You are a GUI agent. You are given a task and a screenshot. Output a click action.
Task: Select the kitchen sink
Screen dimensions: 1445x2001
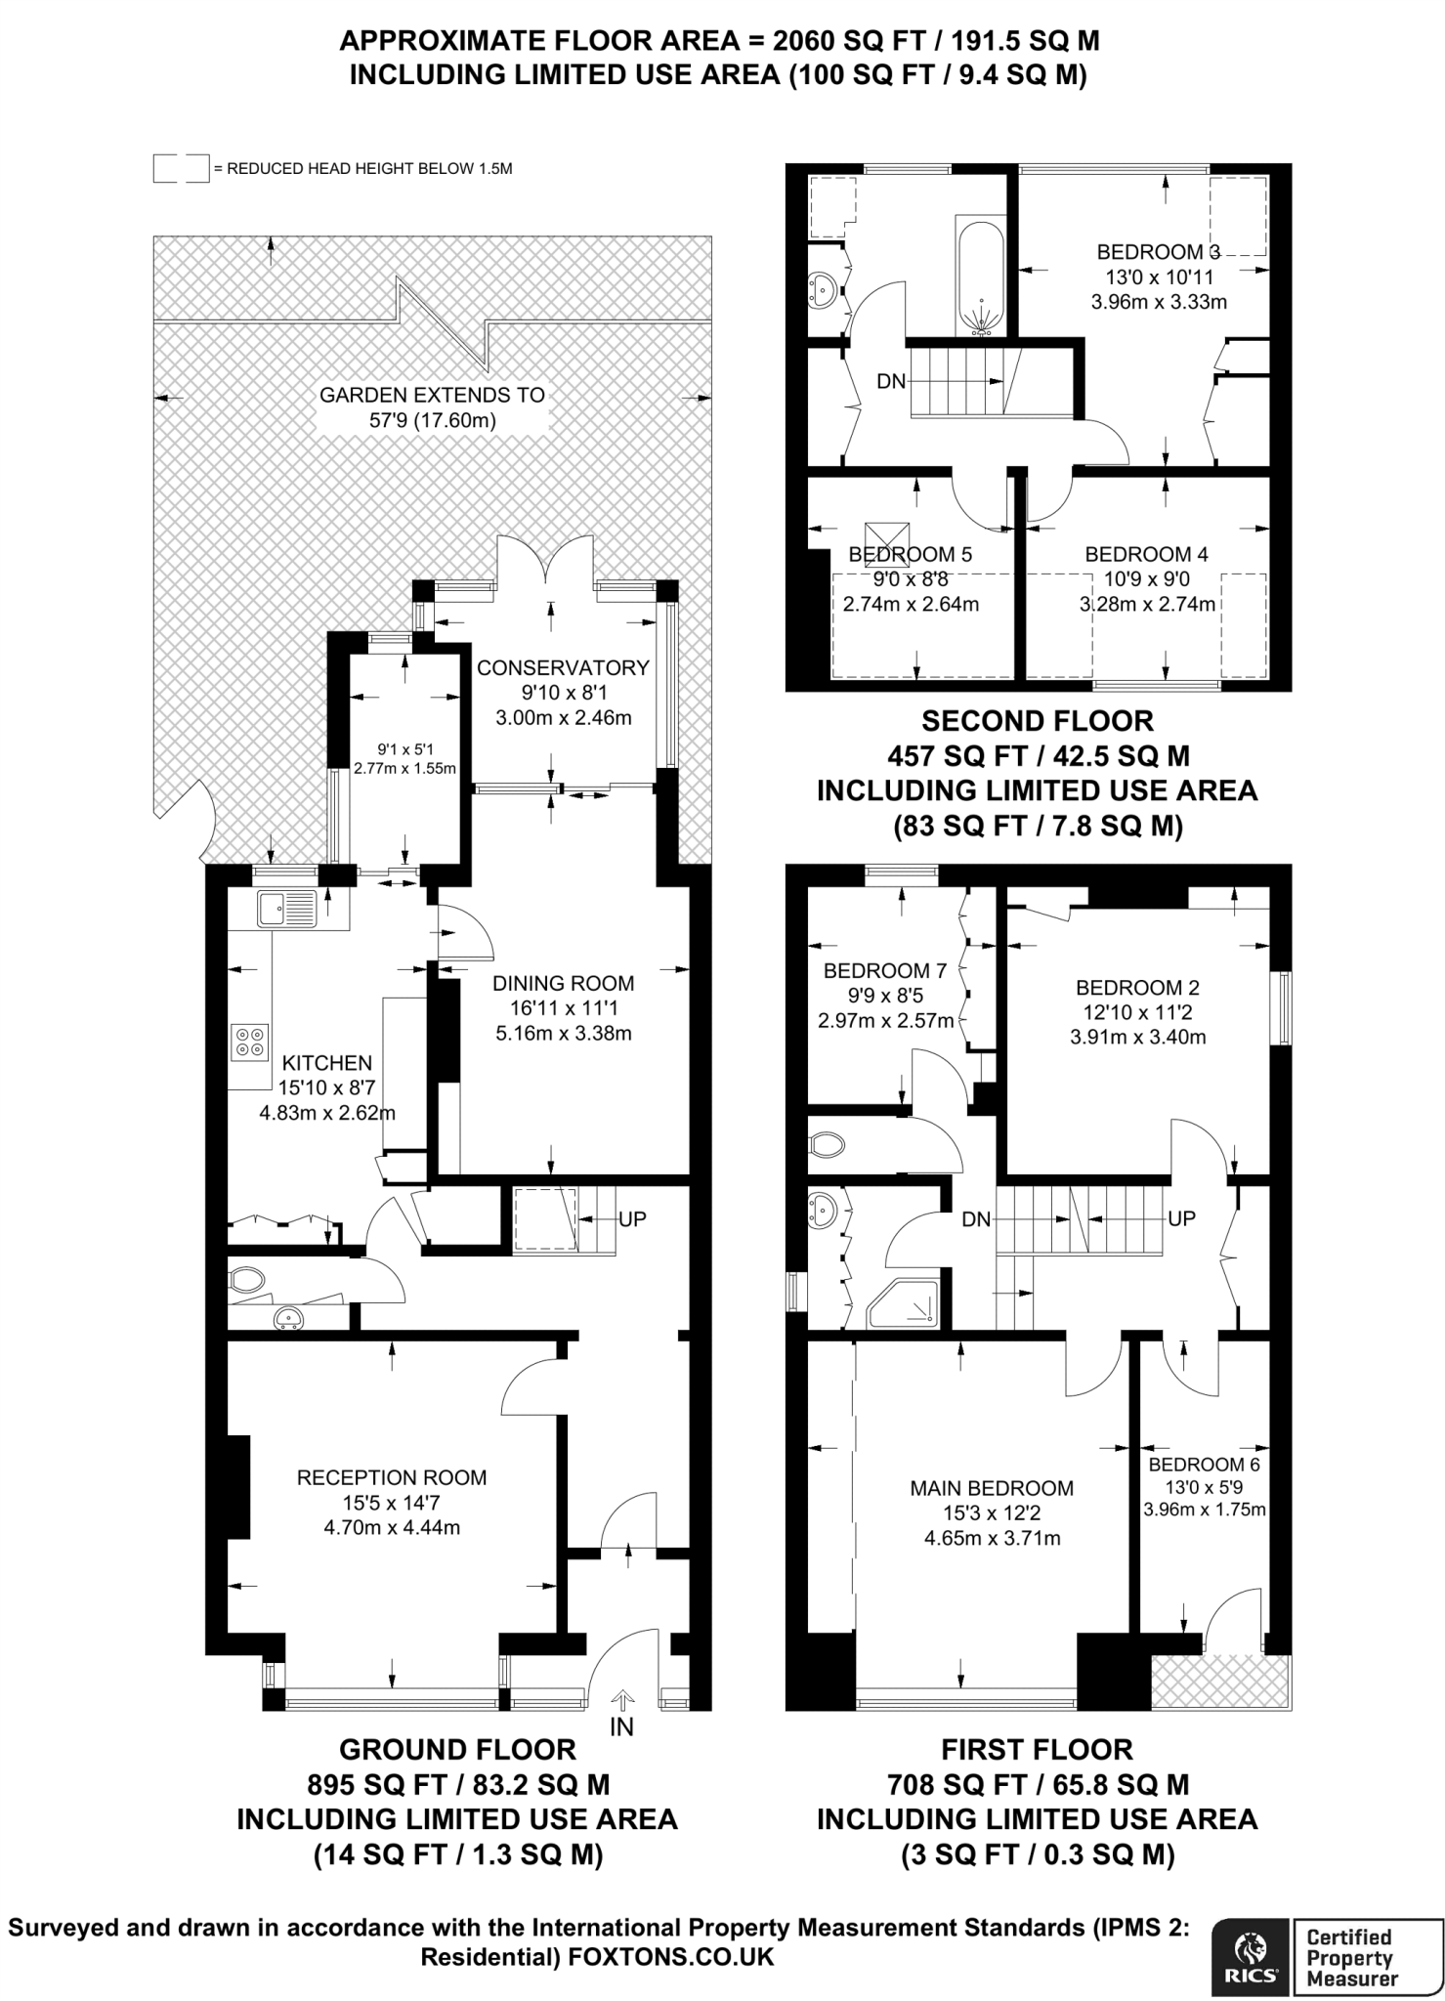click(x=286, y=909)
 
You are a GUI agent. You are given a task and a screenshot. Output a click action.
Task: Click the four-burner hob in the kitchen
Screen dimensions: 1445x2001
click(x=249, y=1042)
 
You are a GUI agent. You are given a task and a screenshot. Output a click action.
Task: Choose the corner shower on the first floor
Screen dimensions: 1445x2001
click(x=904, y=1303)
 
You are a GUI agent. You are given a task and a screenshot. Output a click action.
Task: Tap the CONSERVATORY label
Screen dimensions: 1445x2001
click(x=563, y=667)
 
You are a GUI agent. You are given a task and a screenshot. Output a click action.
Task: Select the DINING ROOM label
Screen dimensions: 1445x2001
click(x=563, y=983)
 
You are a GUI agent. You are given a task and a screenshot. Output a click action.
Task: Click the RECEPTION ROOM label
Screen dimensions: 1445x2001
click(x=392, y=1477)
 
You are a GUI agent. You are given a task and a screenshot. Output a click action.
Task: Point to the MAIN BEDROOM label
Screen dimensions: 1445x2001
click(x=992, y=1488)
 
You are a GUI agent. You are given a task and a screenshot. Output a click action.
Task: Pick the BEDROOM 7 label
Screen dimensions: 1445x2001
click(x=885, y=970)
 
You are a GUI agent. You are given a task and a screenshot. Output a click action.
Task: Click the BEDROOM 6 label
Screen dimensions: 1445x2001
click(x=1204, y=1464)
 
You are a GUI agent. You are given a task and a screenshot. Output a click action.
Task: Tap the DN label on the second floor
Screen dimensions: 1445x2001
click(x=891, y=381)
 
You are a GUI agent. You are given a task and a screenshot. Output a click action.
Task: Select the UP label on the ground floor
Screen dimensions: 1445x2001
click(x=632, y=1218)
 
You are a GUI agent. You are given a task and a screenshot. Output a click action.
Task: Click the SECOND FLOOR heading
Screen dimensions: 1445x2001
click(x=1038, y=721)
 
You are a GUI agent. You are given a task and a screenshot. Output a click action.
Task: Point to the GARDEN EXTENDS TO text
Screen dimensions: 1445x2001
click(x=432, y=395)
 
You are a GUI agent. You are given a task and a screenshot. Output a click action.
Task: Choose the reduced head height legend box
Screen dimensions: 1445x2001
click(x=181, y=168)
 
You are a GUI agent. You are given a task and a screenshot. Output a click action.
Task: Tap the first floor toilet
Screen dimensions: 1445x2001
click(x=827, y=1144)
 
